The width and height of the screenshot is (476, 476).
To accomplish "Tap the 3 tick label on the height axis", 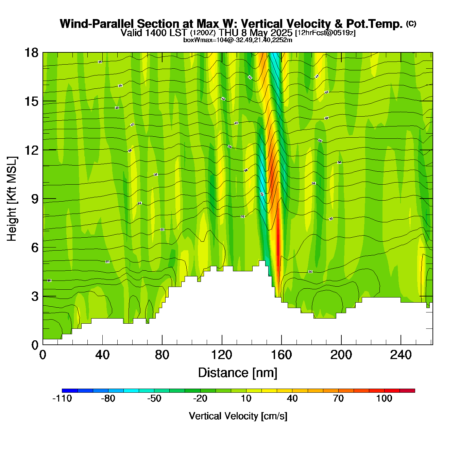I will pyautogui.click(x=35, y=296).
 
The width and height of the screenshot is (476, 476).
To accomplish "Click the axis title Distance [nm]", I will pyautogui.click(x=238, y=373).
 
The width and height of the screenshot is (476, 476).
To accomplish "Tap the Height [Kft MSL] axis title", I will pyautogui.click(x=12, y=199).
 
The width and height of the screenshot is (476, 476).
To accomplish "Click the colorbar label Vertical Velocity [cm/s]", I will pyautogui.click(x=238, y=416).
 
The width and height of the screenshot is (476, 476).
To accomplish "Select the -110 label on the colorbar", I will pyautogui.click(x=62, y=398).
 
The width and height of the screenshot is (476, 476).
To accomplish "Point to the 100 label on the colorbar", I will pyautogui.click(x=384, y=398).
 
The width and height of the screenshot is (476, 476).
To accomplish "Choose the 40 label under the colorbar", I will pyautogui.click(x=292, y=398).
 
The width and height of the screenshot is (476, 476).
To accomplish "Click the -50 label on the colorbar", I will pyautogui.click(x=154, y=398).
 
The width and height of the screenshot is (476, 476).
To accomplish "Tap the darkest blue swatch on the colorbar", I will pyautogui.click(x=70, y=391).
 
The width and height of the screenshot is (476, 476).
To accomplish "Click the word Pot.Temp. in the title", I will pyautogui.click(x=374, y=24).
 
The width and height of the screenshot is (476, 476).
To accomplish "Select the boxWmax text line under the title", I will pyautogui.click(x=238, y=40).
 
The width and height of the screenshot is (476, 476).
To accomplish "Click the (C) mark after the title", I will pyautogui.click(x=411, y=23).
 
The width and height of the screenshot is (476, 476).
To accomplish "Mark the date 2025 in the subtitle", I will pyautogui.click(x=280, y=33).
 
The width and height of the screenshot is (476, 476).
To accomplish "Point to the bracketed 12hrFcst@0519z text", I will pyautogui.click(x=325, y=33).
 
